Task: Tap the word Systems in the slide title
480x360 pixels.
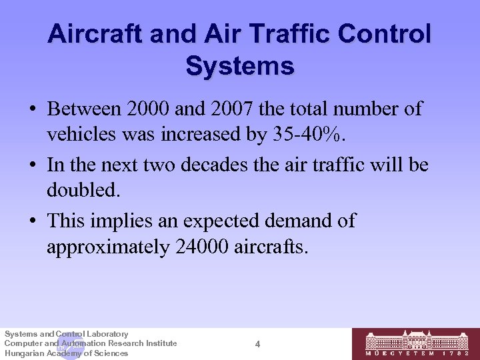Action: [x=240, y=65]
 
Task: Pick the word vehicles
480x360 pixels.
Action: [x=81, y=135]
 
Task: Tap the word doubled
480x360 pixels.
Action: [x=83, y=191]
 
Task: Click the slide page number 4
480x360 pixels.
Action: [x=257, y=344]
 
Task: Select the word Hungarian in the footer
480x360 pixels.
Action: [x=24, y=353]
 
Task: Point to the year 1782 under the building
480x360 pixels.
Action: [x=457, y=354]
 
